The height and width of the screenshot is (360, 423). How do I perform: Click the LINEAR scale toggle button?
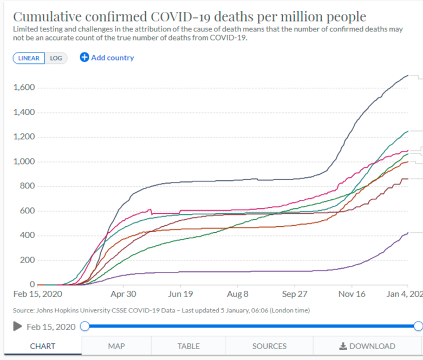point(29,58)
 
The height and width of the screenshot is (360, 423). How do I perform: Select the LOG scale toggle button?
point(56,58)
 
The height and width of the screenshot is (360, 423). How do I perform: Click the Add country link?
point(112,57)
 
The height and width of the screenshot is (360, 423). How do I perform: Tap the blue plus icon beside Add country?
point(84,57)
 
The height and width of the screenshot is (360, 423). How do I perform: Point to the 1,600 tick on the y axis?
point(24,88)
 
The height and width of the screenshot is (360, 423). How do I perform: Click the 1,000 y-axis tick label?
point(24,161)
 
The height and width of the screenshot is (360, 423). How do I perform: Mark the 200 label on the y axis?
point(28,260)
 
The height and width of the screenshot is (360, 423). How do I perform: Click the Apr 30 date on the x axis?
point(123,294)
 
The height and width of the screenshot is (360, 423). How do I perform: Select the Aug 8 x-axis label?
point(237,294)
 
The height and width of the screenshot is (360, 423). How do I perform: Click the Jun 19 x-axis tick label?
point(180,294)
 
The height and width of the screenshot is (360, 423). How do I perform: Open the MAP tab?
point(116,346)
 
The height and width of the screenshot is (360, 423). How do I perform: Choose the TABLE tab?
point(188,346)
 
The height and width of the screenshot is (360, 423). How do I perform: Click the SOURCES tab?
point(269,346)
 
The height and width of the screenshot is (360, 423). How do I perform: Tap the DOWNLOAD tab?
point(367,346)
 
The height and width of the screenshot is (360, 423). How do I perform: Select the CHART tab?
point(42,346)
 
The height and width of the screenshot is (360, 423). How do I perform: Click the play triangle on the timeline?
point(17,326)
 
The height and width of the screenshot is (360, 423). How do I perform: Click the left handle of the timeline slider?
point(84,326)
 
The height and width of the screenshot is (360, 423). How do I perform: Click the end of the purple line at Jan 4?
point(407,233)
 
